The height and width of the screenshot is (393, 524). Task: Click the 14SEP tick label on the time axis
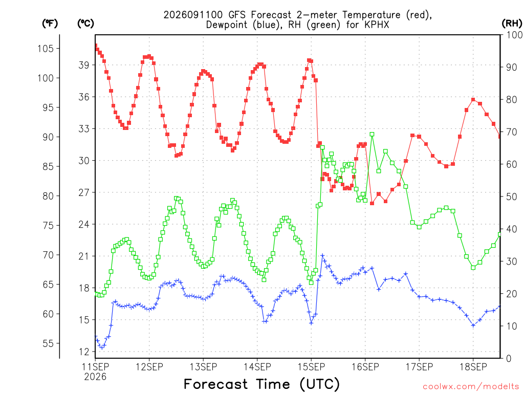click(257, 367)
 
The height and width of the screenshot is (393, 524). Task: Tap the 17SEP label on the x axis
click(419, 367)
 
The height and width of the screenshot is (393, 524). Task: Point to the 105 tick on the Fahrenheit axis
click(46, 49)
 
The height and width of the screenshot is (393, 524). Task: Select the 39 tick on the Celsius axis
click(84, 65)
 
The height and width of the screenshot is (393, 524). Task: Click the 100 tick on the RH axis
click(514, 35)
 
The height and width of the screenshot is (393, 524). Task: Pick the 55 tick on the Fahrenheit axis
click(48, 343)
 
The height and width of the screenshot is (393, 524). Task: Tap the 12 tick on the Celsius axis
click(84, 352)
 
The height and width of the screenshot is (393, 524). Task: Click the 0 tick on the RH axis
click(509, 359)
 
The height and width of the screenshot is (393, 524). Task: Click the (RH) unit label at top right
click(512, 23)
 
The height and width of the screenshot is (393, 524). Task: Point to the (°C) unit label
click(85, 23)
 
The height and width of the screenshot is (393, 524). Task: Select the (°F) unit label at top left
click(50, 23)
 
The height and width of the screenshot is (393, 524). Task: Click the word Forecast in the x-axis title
click(216, 384)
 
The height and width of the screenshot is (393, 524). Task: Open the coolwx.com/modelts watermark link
click(471, 386)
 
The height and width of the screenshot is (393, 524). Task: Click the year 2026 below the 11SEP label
click(95, 377)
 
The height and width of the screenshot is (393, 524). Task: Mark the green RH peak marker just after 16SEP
click(372, 135)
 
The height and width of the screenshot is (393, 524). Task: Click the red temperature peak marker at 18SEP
click(473, 100)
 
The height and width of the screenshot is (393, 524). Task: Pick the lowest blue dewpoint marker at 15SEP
click(311, 323)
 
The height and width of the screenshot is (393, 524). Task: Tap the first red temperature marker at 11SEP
click(96, 46)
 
